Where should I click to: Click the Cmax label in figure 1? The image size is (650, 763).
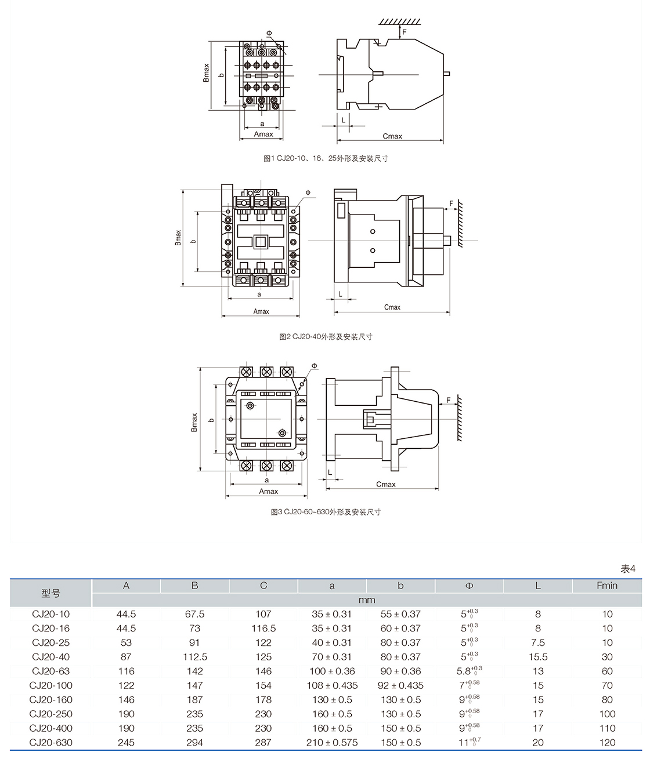pyautogui.click(x=392, y=136)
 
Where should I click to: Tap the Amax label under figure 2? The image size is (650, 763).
pyautogui.click(x=261, y=311)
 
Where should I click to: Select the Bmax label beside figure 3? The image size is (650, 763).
pyautogui.click(x=194, y=422)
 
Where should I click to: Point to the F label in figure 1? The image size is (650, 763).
pyautogui.click(x=405, y=32)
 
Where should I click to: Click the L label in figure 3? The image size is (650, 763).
pyautogui.click(x=330, y=473)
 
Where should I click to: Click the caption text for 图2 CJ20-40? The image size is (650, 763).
pyautogui.click(x=326, y=337)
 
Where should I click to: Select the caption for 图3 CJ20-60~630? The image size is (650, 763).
pyautogui.click(x=326, y=512)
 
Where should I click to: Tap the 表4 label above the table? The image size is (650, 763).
pyautogui.click(x=628, y=569)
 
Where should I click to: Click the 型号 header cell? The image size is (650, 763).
pyautogui.click(x=51, y=593)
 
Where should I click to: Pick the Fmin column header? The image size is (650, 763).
pyautogui.click(x=607, y=586)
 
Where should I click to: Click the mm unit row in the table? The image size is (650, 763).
pyautogui.click(x=367, y=600)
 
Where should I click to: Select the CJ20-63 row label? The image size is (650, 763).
pyautogui.click(x=51, y=671)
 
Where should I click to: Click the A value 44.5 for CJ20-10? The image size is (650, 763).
pyautogui.click(x=126, y=614)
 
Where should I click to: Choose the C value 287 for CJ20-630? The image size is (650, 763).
pyautogui.click(x=263, y=743)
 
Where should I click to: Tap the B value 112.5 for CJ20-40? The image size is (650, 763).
pyautogui.click(x=195, y=657)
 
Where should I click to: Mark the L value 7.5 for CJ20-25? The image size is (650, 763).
pyautogui.click(x=538, y=643)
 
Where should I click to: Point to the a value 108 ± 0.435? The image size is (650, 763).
pyautogui.click(x=332, y=686)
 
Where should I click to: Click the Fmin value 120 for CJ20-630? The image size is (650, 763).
pyautogui.click(x=607, y=743)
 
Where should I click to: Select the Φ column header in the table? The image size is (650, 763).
pyautogui.click(x=470, y=586)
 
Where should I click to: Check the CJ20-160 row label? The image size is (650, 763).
pyautogui.click(x=51, y=700)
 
